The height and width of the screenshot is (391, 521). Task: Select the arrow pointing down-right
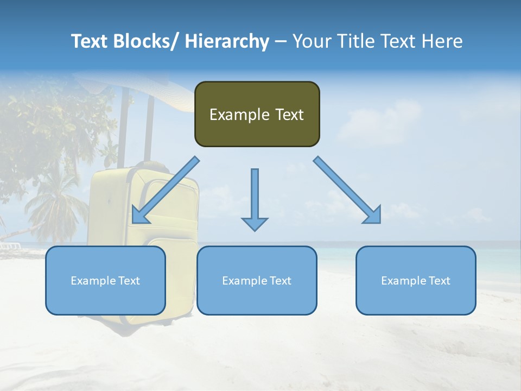tap(348, 190)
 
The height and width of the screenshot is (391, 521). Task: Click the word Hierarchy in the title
tap(227, 41)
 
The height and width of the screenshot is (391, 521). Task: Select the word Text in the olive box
tap(289, 115)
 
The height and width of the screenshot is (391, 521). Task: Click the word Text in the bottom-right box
tap(439, 281)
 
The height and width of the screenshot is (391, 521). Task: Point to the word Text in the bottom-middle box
tap(280, 281)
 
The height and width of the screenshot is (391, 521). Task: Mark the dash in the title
tap(281, 42)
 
